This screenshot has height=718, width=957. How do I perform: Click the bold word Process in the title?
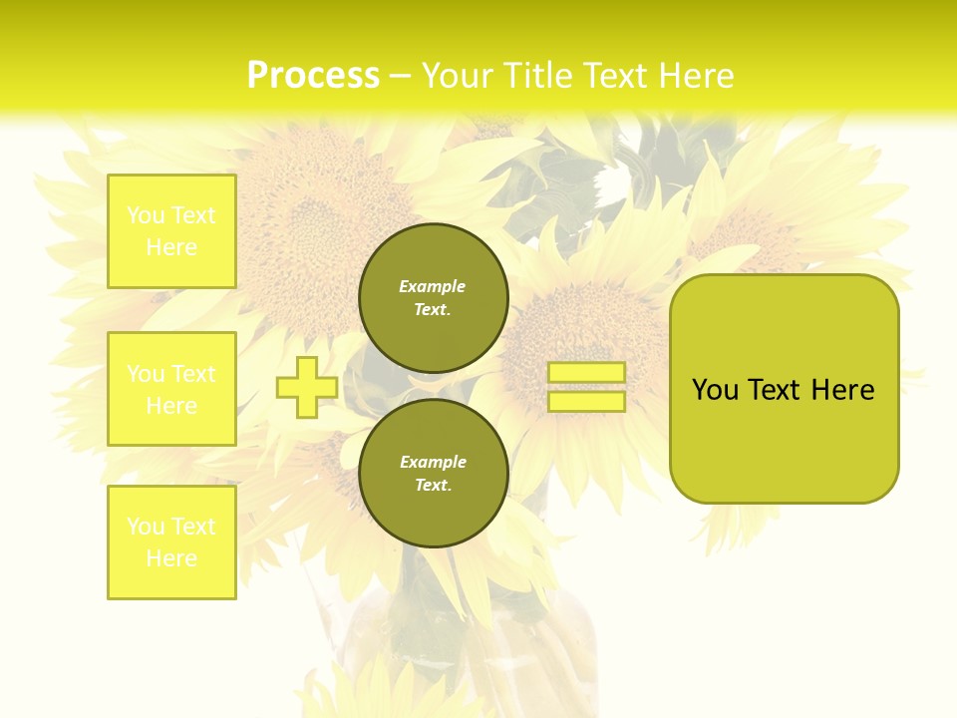pos(313,76)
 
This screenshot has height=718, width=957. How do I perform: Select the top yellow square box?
pos(171,231)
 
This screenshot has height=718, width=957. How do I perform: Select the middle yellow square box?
pos(171,389)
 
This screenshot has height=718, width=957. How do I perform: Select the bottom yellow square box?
pos(171,542)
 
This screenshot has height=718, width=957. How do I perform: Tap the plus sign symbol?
pos(307,387)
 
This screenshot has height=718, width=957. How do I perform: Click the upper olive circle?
pos(433,297)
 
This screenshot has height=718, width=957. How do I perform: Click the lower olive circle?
pos(433,473)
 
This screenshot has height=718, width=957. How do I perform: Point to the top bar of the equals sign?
pos(586,373)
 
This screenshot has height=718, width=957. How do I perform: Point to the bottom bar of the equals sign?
pos(586,402)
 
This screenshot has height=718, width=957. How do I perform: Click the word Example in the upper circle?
pos(433,286)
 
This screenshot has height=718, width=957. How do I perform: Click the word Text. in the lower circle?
pos(433,485)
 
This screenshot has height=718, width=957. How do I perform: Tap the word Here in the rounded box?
pos(842,390)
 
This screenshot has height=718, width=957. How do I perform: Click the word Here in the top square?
pos(171,247)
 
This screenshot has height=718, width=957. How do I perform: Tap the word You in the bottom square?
pos(146,527)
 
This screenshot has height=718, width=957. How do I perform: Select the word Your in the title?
pos(458,76)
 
